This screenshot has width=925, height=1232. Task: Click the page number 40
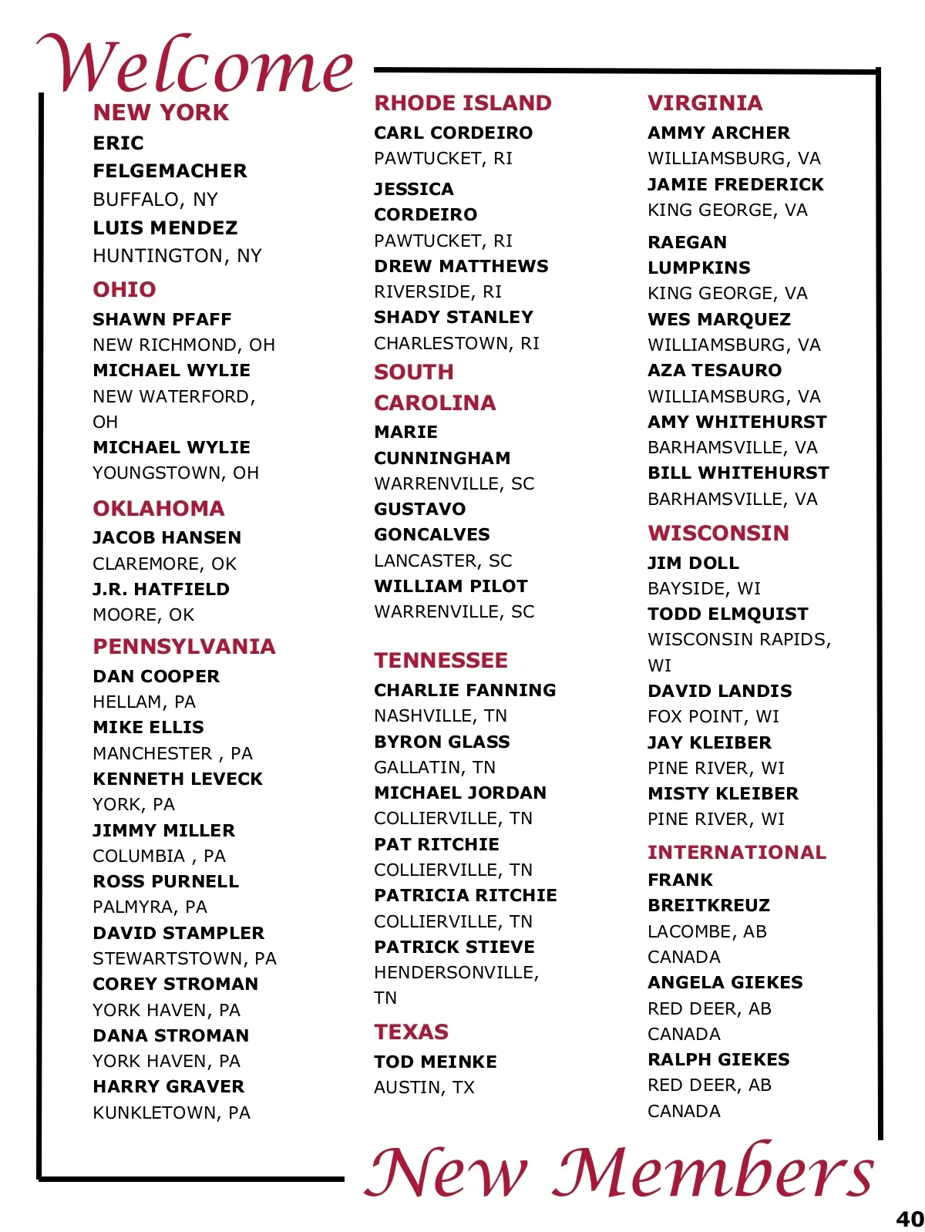click(x=910, y=1219)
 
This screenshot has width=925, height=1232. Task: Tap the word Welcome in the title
click(x=197, y=66)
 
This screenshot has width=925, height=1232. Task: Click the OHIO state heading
click(x=124, y=290)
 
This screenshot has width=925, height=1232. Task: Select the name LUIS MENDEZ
click(x=165, y=228)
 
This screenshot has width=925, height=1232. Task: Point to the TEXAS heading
click(x=411, y=1032)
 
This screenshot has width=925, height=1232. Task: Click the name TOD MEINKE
click(x=436, y=1062)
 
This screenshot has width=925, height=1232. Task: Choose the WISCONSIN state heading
click(x=718, y=534)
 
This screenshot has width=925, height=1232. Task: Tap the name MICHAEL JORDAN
click(x=460, y=793)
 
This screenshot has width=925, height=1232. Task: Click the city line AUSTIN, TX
click(x=424, y=1087)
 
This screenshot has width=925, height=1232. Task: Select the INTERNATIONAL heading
click(x=737, y=852)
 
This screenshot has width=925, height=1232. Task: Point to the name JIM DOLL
click(x=693, y=563)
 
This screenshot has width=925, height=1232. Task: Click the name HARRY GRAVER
click(x=168, y=1086)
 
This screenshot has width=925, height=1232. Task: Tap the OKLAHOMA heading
click(x=159, y=509)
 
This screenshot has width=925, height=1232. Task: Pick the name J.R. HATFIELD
click(x=161, y=589)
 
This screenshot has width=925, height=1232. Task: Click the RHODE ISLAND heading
click(x=462, y=103)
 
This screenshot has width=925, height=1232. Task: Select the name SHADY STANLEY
click(x=453, y=317)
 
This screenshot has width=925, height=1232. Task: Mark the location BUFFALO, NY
click(x=155, y=200)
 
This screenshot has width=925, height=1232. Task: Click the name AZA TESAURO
click(x=715, y=370)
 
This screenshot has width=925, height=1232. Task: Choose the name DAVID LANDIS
click(x=720, y=691)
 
